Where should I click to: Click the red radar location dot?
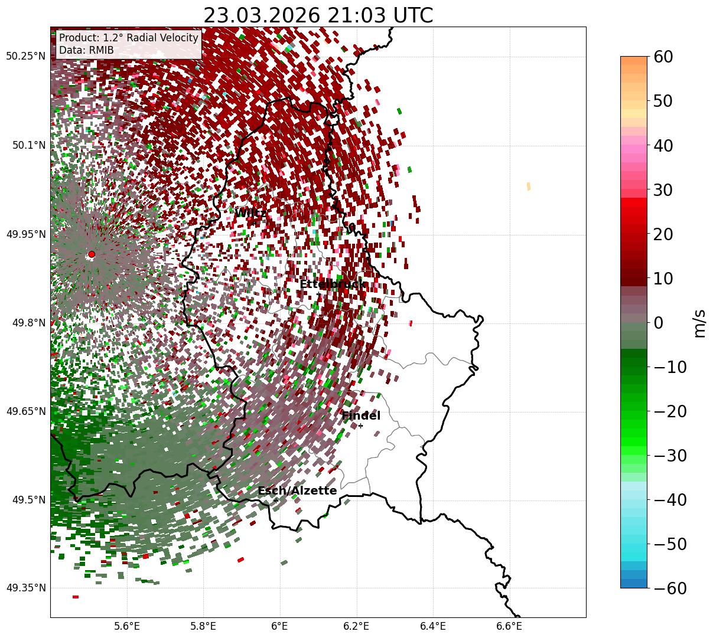91,254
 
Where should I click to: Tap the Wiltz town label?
250,213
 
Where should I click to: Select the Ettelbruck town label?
333,284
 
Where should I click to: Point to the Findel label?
361,416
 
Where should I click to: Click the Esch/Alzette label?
297,490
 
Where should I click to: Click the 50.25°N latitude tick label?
25,57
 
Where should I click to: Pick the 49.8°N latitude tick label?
27,323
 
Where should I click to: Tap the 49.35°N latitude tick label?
25,588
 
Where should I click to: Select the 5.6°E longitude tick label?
127,626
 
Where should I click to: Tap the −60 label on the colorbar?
670,588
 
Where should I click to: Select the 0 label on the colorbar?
658,323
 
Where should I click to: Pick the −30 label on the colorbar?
670,456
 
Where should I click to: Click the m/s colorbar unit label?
699,323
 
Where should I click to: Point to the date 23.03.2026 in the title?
258,15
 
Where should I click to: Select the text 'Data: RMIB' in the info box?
86,50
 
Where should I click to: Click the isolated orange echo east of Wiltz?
528,187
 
